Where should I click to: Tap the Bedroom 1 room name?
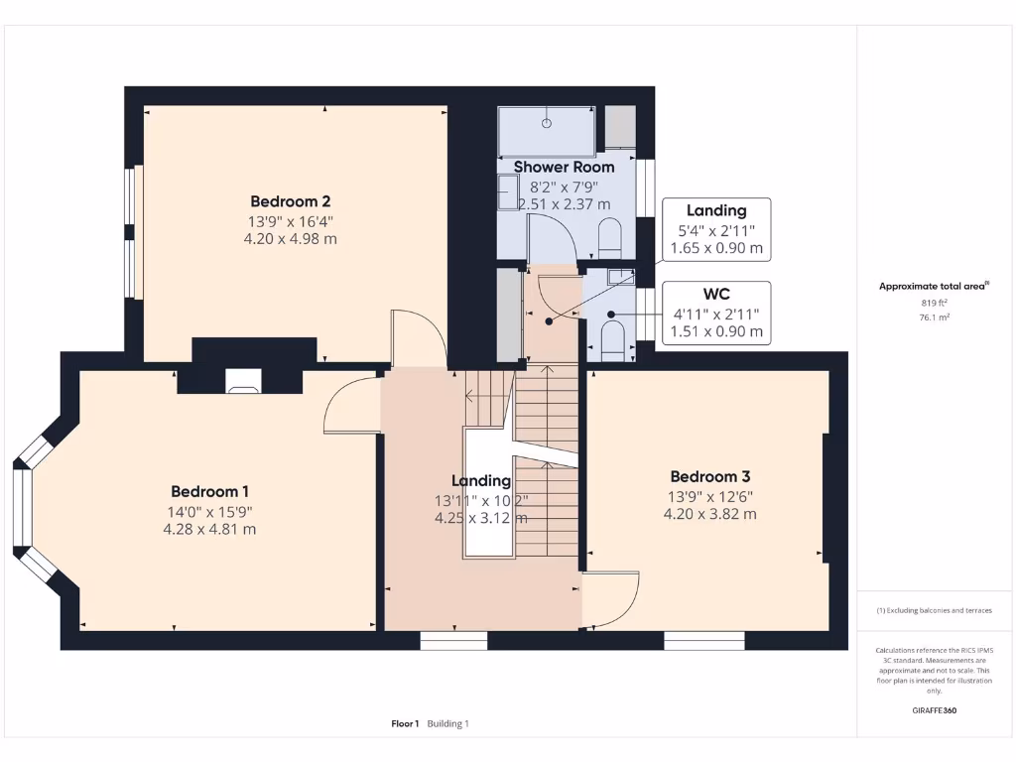209,491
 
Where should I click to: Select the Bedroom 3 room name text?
709,476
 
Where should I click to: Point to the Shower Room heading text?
564,167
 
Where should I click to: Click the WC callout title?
716,295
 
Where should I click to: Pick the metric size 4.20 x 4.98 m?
290,238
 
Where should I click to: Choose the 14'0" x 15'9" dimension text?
209,512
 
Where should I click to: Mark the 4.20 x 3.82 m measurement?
709,514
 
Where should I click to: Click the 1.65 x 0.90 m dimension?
716,248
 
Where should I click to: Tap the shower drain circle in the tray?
546,124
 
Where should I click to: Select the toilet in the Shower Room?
609,238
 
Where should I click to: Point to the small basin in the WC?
619,277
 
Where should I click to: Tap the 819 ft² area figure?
933,304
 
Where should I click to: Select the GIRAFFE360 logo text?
934,710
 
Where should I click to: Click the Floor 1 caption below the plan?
405,724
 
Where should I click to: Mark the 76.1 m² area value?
933,317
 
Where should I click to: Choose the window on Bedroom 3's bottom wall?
703,641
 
